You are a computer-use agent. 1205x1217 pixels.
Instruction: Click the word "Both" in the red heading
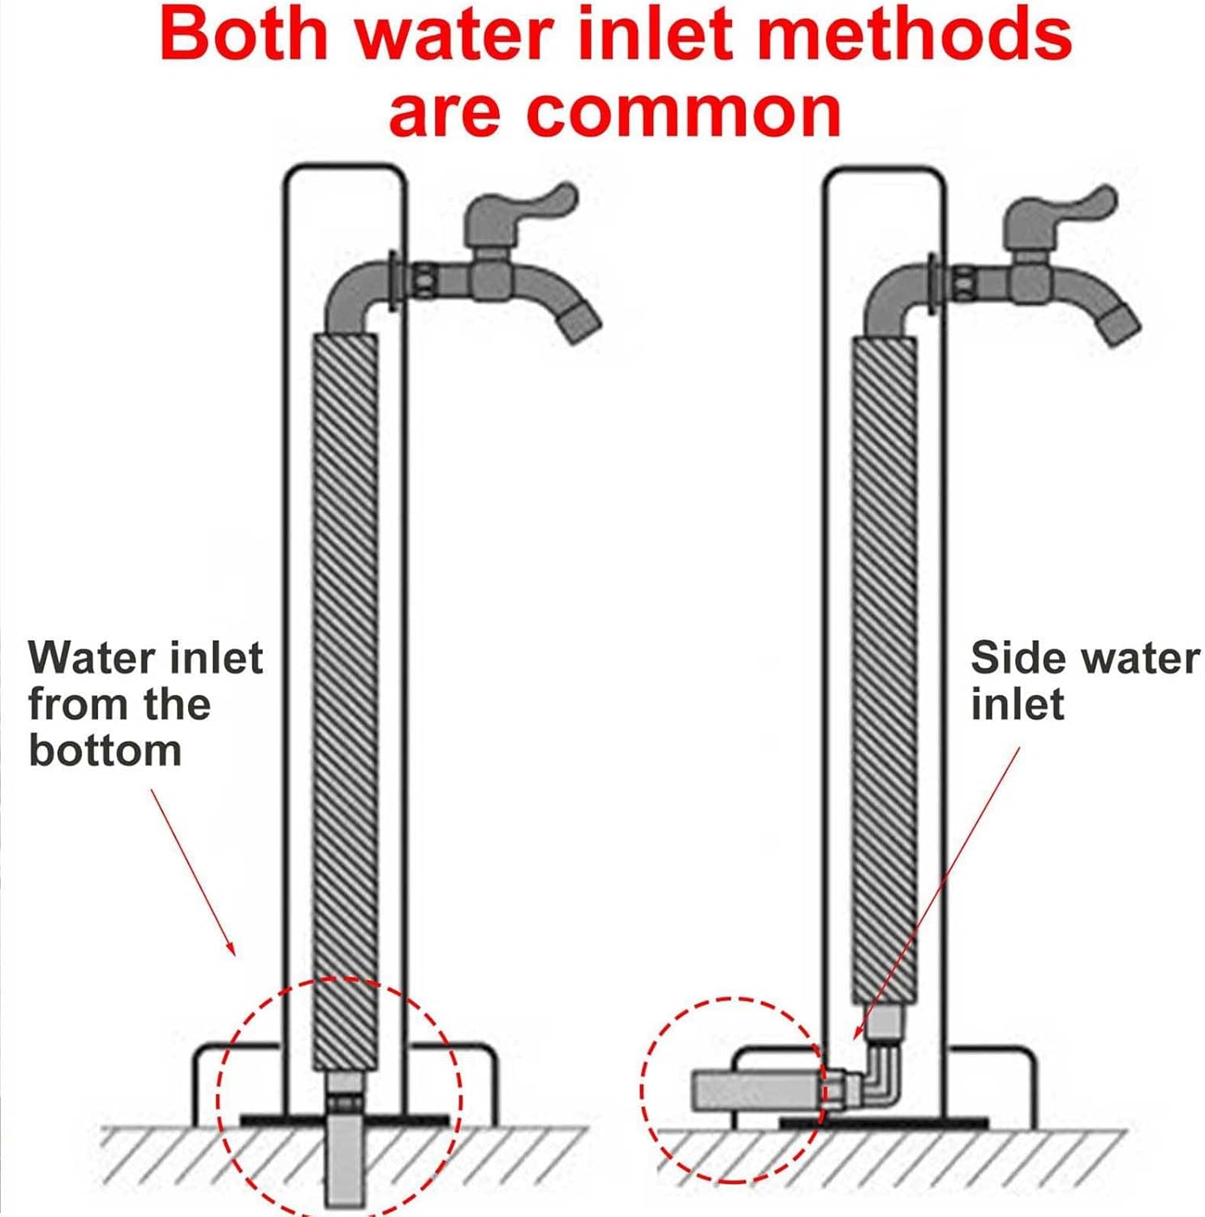click(x=243, y=33)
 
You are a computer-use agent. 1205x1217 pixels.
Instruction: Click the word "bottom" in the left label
click(x=105, y=750)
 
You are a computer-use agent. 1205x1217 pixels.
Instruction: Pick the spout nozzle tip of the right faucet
click(x=1119, y=325)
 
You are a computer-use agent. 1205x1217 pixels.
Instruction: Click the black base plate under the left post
click(x=268, y=1120)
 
